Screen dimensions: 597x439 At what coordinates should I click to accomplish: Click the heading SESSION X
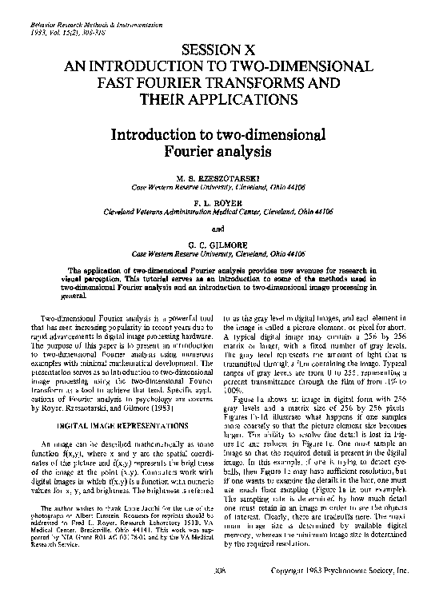(218, 48)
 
